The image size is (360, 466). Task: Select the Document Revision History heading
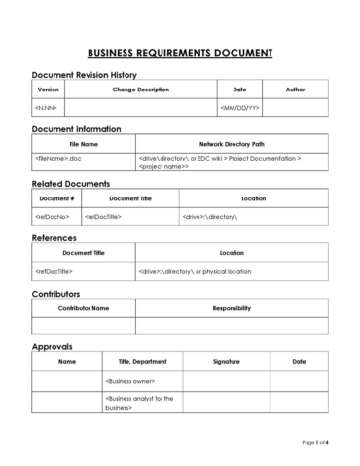(85, 75)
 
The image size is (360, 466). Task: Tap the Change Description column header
(140, 90)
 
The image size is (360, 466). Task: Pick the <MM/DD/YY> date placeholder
(239, 108)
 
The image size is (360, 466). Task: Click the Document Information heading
(77, 129)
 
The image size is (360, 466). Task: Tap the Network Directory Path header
(231, 143)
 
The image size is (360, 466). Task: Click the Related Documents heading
(71, 184)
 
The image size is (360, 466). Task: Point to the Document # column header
(55, 197)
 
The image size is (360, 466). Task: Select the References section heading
(54, 238)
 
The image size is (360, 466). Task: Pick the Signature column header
(226, 362)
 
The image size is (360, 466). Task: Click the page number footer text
(313, 442)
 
